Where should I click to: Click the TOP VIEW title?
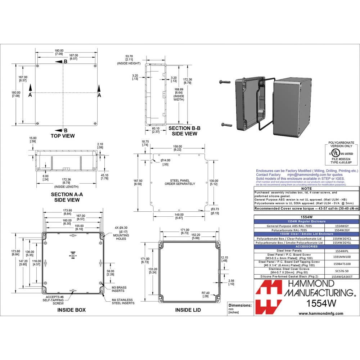[63, 136]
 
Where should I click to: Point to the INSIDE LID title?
[188, 310]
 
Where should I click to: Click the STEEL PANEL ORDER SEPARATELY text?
[180, 182]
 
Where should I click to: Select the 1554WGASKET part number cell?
[342, 276]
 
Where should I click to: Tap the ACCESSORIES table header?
[307, 247]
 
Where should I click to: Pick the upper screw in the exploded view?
[225, 82]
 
